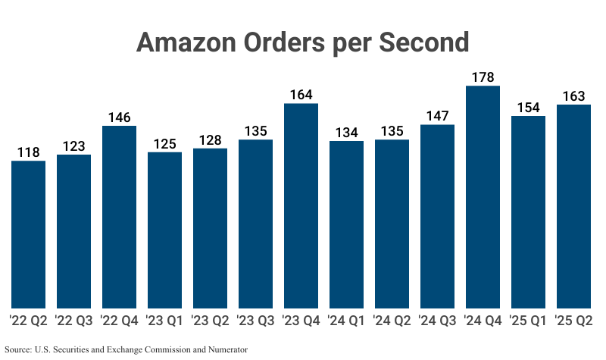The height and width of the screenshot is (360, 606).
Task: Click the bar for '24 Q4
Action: coord(483,197)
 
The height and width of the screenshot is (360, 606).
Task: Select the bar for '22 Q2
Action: coord(29,235)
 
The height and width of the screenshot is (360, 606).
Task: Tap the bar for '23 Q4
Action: coord(301,206)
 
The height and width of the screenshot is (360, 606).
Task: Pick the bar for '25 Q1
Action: coord(529,212)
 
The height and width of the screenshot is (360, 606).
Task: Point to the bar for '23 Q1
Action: coord(165,230)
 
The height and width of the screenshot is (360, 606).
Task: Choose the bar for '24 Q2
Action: coord(392,224)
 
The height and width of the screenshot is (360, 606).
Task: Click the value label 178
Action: coord(483,77)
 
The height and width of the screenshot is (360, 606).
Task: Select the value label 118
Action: coord(29,152)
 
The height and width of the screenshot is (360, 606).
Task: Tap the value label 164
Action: coord(301,95)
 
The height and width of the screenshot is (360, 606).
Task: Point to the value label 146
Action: coord(120,117)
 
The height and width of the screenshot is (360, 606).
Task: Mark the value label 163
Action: coord(574,96)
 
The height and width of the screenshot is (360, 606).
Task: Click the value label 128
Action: coord(211,140)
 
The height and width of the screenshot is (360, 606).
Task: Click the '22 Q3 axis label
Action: coord(74,321)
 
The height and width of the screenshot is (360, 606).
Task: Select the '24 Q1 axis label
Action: coord(347,321)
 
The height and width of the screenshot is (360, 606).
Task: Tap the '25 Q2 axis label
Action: coord(574,321)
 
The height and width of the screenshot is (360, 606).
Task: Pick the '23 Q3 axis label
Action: coord(256,321)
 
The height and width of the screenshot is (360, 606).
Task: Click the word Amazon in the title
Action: coord(182,42)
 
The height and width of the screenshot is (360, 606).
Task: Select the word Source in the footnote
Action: coord(19,349)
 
